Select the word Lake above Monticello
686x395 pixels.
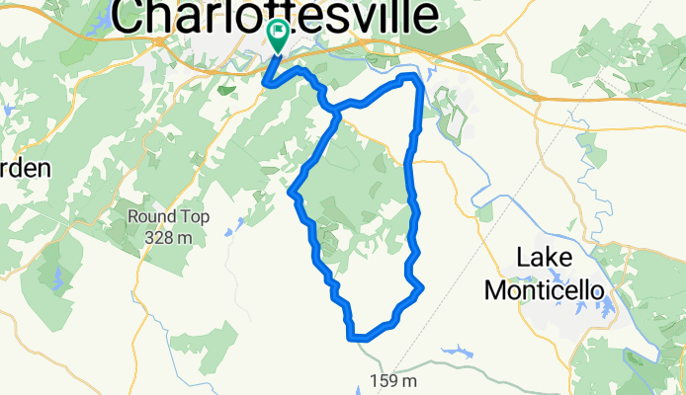(x=545, y=260)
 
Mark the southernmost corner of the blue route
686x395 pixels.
(x=352, y=337)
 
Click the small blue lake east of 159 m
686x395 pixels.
(x=457, y=351)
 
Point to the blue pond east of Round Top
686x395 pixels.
(x=228, y=233)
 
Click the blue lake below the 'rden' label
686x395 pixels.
(x=56, y=282)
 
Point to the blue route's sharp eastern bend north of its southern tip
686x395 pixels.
(x=421, y=287)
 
